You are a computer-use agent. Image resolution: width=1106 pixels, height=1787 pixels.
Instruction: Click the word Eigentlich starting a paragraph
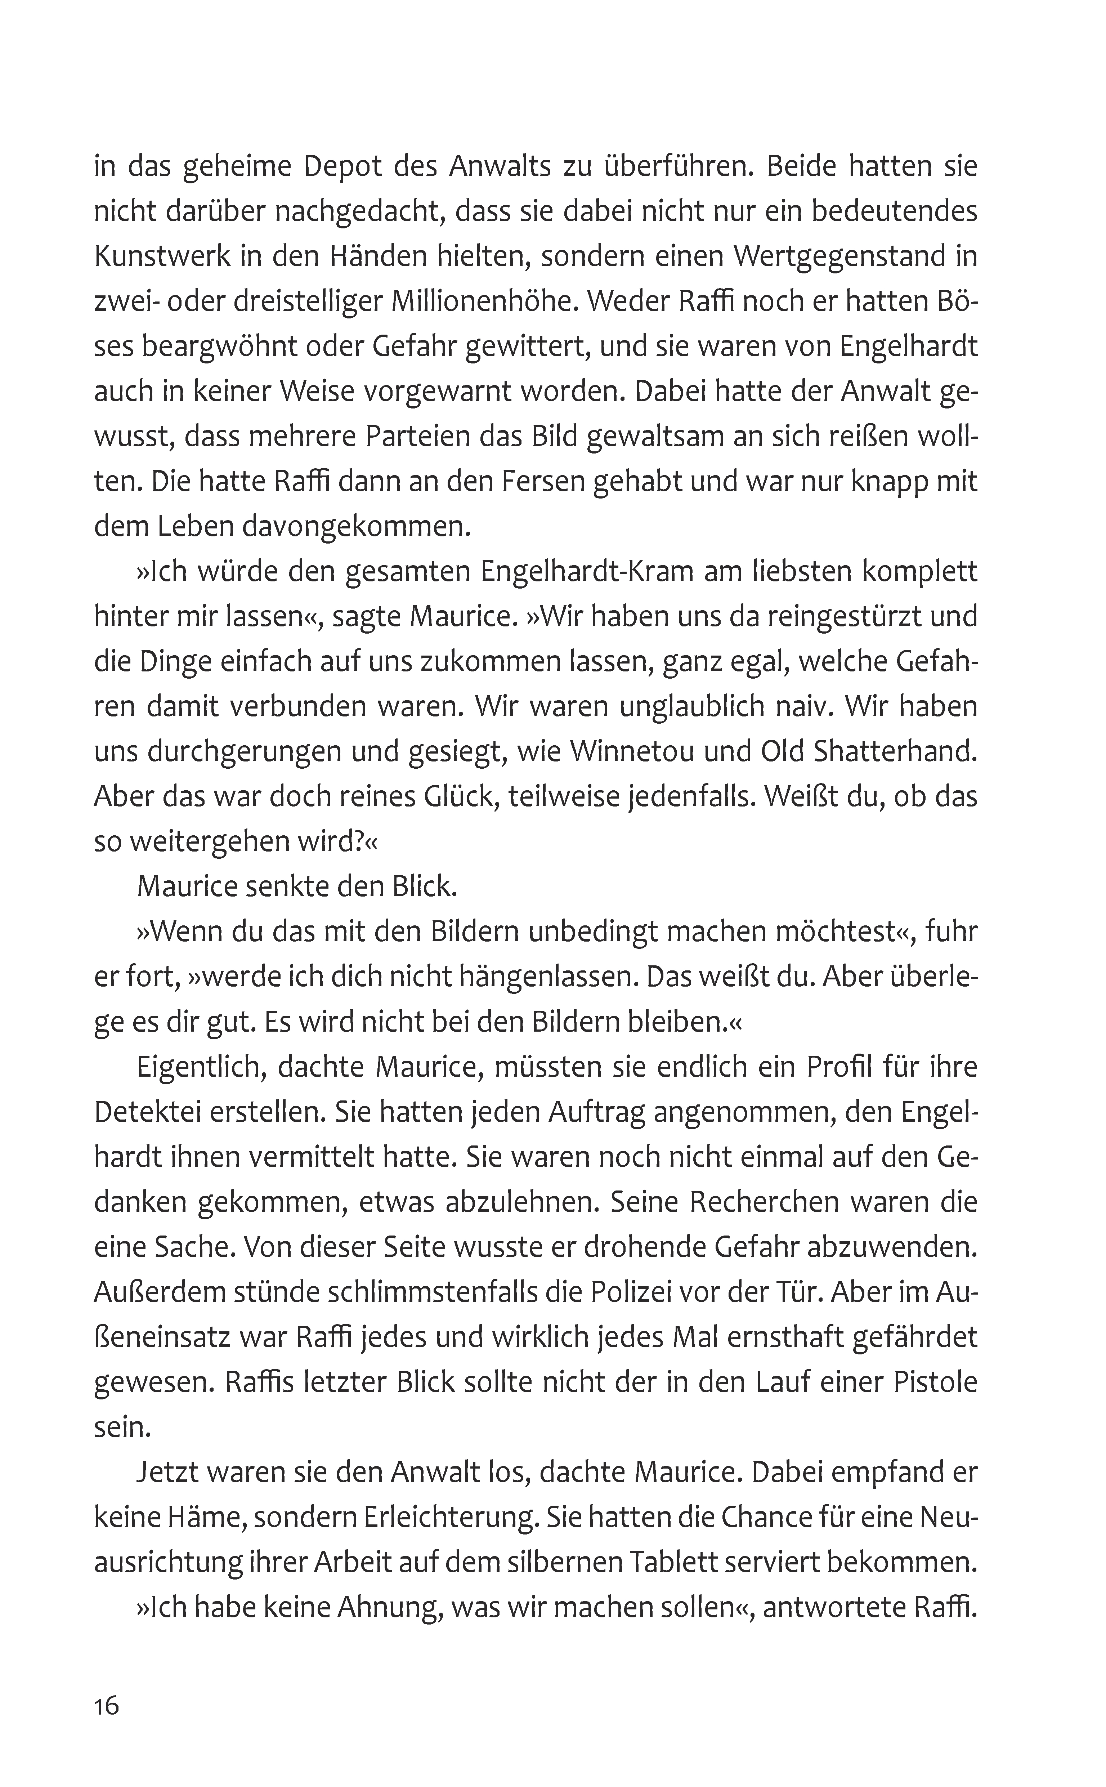pyautogui.click(x=192, y=1067)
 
